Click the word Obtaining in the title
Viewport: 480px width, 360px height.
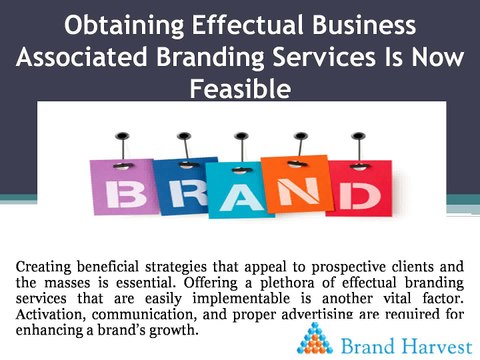point(124,26)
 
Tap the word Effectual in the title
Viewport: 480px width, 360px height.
point(248,25)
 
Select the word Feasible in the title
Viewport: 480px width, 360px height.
point(240,89)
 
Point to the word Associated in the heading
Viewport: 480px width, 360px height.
point(82,57)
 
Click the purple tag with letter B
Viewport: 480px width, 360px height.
point(123,187)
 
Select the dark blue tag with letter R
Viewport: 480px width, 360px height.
point(182,185)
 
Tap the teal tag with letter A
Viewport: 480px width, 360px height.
point(238,190)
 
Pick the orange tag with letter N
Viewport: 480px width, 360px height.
point(296,184)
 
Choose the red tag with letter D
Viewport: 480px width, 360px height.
point(360,188)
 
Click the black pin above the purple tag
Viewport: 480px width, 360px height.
point(122,136)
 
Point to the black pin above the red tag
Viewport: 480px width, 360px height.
point(359,136)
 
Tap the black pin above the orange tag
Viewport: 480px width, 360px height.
point(301,136)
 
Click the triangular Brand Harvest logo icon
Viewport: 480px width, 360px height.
point(315,338)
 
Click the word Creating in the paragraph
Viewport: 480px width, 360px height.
point(43,267)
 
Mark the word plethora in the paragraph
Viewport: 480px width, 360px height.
point(287,283)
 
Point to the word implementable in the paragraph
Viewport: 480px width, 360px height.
point(241,299)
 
